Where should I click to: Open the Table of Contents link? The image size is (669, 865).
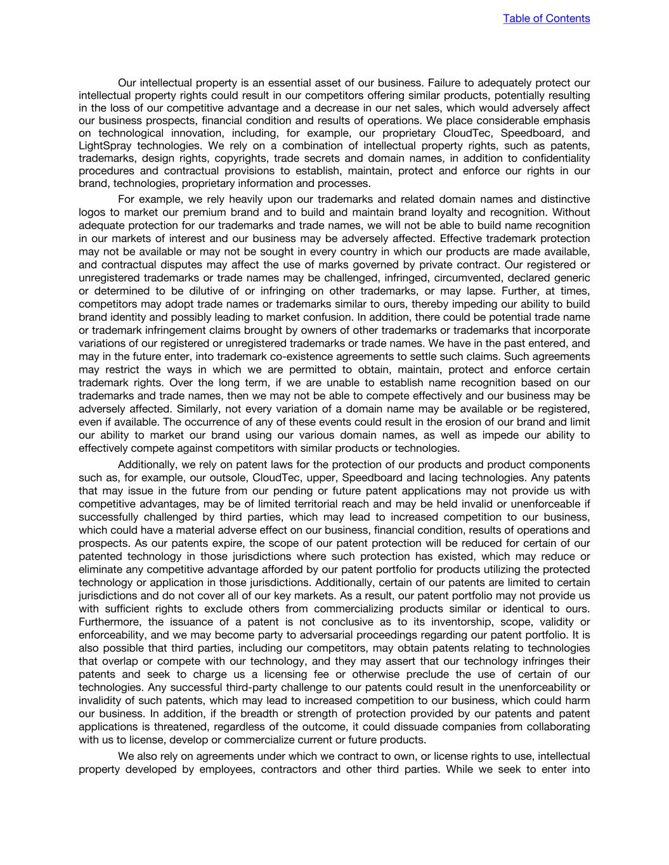pyautogui.click(x=546, y=18)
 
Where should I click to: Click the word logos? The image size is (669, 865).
pyautogui.click(x=93, y=212)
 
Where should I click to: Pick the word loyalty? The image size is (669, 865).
pyautogui.click(x=442, y=212)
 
